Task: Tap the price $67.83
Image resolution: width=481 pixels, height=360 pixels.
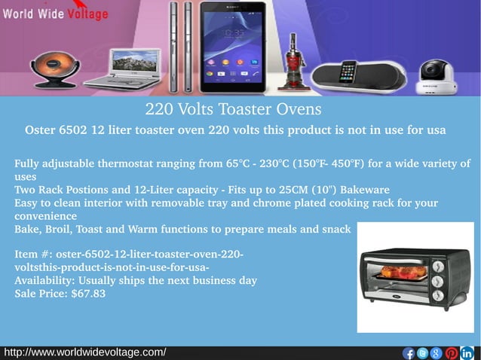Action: tap(88, 294)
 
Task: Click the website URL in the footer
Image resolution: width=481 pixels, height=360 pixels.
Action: tap(85, 352)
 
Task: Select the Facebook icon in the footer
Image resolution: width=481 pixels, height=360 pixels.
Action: tap(409, 353)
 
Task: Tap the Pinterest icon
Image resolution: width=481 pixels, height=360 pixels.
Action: tap(452, 353)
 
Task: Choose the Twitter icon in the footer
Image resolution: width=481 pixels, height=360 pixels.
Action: tap(423, 353)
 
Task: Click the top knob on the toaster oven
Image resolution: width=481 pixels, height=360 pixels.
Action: tap(437, 265)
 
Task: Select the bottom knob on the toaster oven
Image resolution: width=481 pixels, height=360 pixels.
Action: tap(437, 297)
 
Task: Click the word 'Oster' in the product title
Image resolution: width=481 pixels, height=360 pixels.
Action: tap(41, 130)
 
